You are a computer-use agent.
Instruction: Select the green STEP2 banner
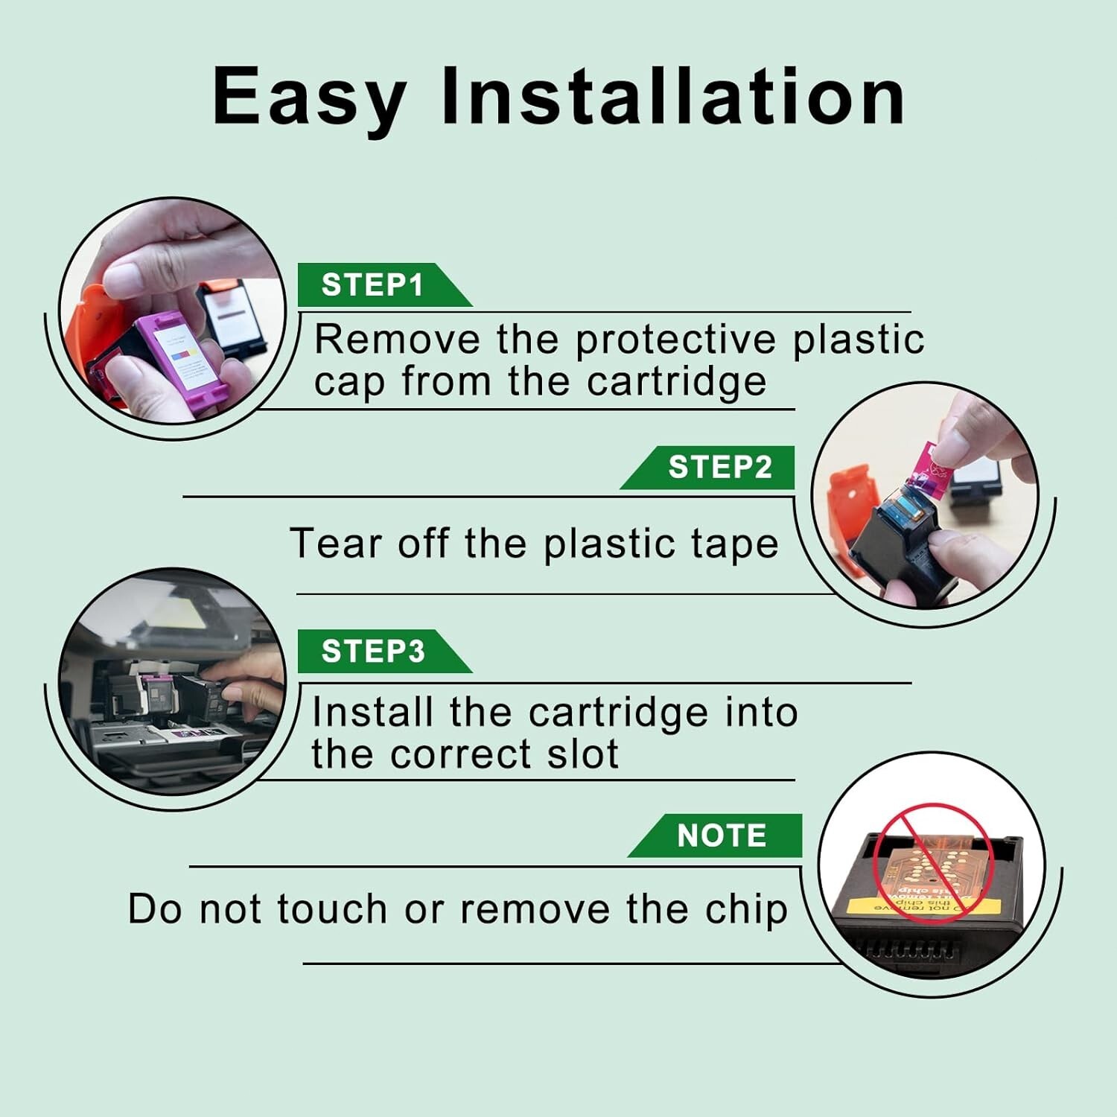(x=707, y=467)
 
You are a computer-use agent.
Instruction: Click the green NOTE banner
(x=715, y=835)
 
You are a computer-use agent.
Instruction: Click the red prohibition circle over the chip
(x=932, y=863)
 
